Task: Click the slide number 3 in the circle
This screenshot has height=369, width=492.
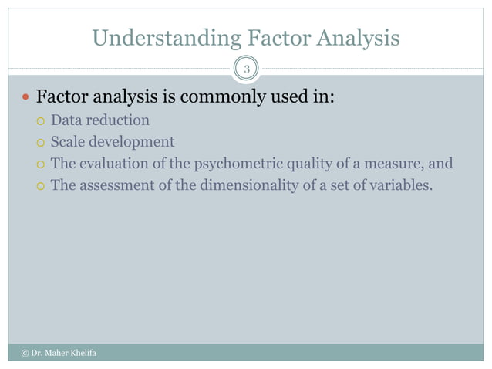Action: [246, 71]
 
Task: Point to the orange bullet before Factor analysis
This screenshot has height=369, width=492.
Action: [25, 99]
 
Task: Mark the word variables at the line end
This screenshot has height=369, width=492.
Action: [394, 185]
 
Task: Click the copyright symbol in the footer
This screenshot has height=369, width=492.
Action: [24, 354]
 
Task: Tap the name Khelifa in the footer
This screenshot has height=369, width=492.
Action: [83, 354]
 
